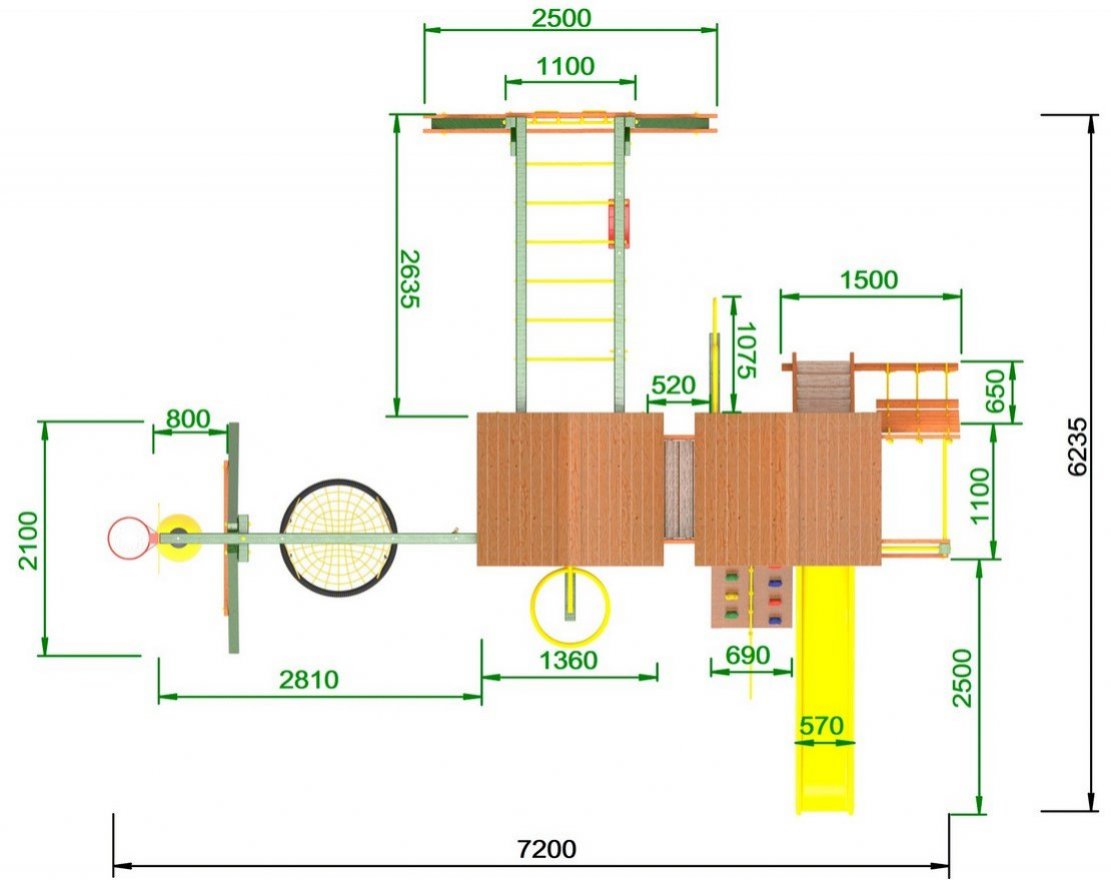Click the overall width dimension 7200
[546, 848]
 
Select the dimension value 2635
[410, 279]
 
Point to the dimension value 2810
[309, 679]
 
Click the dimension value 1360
[569, 660]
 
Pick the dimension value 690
[748, 655]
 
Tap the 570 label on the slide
[822, 726]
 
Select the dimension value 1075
[746, 351]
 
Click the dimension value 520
[673, 385]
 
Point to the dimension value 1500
[869, 280]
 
